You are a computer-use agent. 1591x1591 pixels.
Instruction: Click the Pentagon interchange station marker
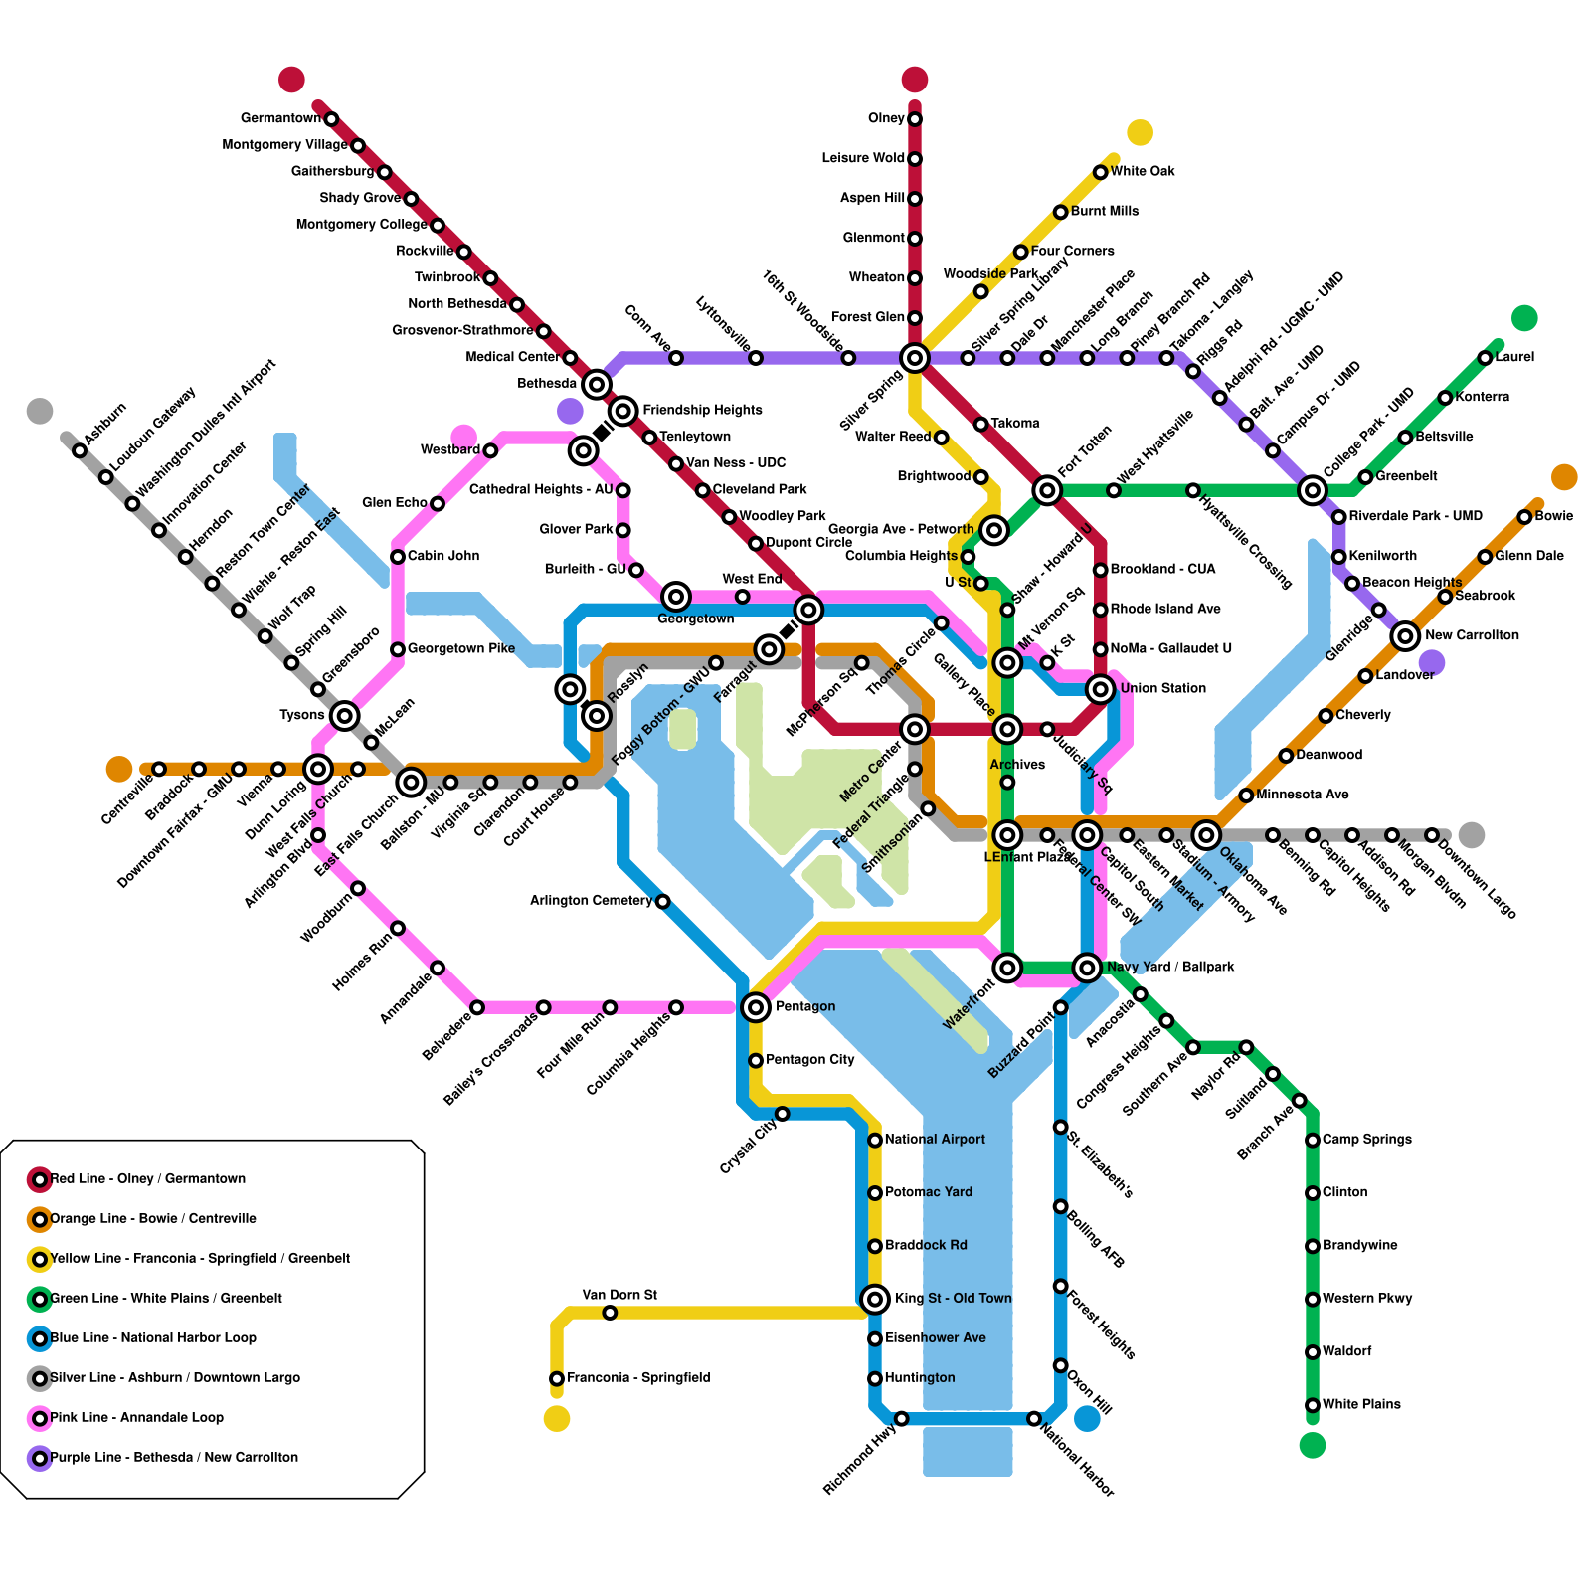pos(756,1007)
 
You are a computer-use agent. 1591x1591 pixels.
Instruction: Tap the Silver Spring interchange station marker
pos(915,357)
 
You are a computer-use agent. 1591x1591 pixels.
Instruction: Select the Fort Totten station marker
pos(1047,489)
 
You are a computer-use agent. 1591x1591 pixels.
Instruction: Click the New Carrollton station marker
pos(1405,635)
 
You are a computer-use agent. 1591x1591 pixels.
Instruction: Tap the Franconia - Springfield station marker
pos(557,1378)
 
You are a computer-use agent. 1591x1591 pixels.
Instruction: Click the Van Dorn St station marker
pos(610,1313)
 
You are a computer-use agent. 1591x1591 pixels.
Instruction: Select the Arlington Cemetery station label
pos(591,901)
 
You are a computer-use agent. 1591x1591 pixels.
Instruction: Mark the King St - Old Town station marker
pos(875,1298)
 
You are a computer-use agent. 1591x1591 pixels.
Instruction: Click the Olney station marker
pos(915,119)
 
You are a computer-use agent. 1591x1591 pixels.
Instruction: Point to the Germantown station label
pos(280,118)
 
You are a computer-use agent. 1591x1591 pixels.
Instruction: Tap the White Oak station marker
pos(1100,172)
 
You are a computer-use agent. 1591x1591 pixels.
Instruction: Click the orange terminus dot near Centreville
pos(119,769)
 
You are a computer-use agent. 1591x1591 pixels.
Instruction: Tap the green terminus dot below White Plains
pos(1313,1445)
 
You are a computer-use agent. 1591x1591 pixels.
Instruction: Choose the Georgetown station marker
pos(676,597)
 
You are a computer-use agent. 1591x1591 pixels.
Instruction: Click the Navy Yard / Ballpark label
pos(1170,967)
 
